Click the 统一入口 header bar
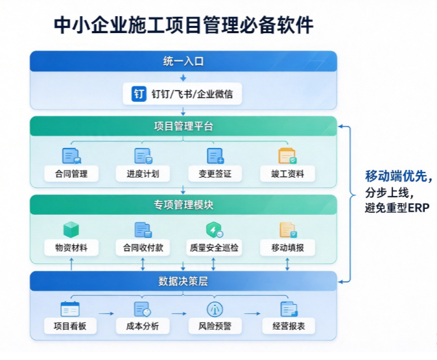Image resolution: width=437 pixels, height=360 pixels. pos(183,61)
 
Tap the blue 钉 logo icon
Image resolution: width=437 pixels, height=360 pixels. pos(139,93)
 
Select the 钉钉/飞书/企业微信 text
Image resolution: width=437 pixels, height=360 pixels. pos(192,94)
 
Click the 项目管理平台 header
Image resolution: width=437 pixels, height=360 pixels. pos(183,126)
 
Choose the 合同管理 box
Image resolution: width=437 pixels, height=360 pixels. pos(71,174)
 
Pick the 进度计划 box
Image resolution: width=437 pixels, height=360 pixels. pos(143,174)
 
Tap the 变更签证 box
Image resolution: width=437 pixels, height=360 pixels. pos(215,174)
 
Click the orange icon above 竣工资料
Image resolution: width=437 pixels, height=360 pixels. pos(287,156)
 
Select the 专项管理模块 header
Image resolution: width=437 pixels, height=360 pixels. pos(183,205)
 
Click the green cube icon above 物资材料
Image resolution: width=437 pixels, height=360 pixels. pos(71,229)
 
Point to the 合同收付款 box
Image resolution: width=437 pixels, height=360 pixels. pos(143,247)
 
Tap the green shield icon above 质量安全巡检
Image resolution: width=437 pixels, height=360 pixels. pos(214,230)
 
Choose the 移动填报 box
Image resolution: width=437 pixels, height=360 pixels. pos(287,247)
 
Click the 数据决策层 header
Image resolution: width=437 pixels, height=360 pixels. pos(183,281)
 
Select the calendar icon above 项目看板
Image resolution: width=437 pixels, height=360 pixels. pos(70,309)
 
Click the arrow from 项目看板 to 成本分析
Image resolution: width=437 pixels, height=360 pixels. pos(106,314)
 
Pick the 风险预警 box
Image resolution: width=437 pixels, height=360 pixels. pos(215,326)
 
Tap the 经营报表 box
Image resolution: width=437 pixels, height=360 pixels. pos(289,326)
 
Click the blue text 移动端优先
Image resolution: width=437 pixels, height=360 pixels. pos(396,176)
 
